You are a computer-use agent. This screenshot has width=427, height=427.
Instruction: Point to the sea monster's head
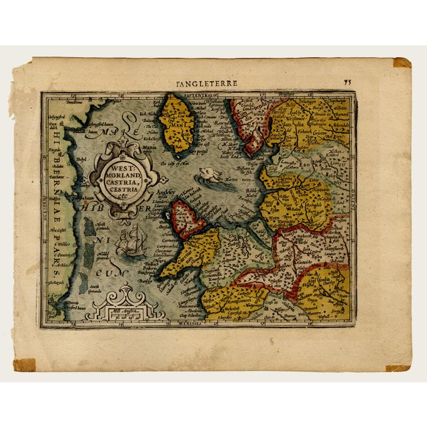click(207, 175)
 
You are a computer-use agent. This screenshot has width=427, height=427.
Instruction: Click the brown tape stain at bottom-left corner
click(25, 365)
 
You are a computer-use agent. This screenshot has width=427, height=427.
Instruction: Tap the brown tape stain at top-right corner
click(402, 63)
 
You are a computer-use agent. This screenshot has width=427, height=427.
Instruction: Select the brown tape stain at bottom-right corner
click(398, 368)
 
